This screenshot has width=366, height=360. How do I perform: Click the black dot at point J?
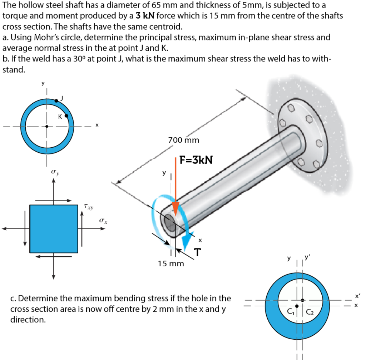click(x=56, y=101)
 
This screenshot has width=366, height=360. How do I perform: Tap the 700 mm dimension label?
click(x=183, y=140)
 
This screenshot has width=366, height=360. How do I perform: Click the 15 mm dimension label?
click(x=171, y=264)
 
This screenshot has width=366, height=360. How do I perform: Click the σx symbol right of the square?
click(x=104, y=222)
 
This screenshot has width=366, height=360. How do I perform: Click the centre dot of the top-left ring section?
click(x=47, y=126)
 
